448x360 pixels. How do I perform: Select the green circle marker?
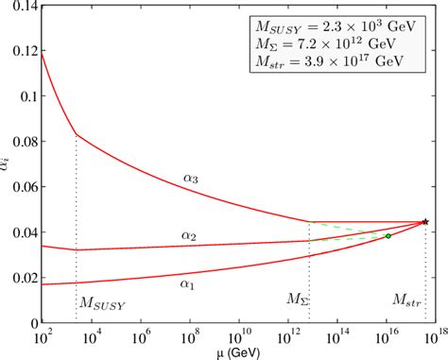click(x=388, y=235)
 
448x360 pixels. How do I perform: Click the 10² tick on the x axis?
click(x=43, y=335)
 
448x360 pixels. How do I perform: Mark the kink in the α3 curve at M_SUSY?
click(x=76, y=135)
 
